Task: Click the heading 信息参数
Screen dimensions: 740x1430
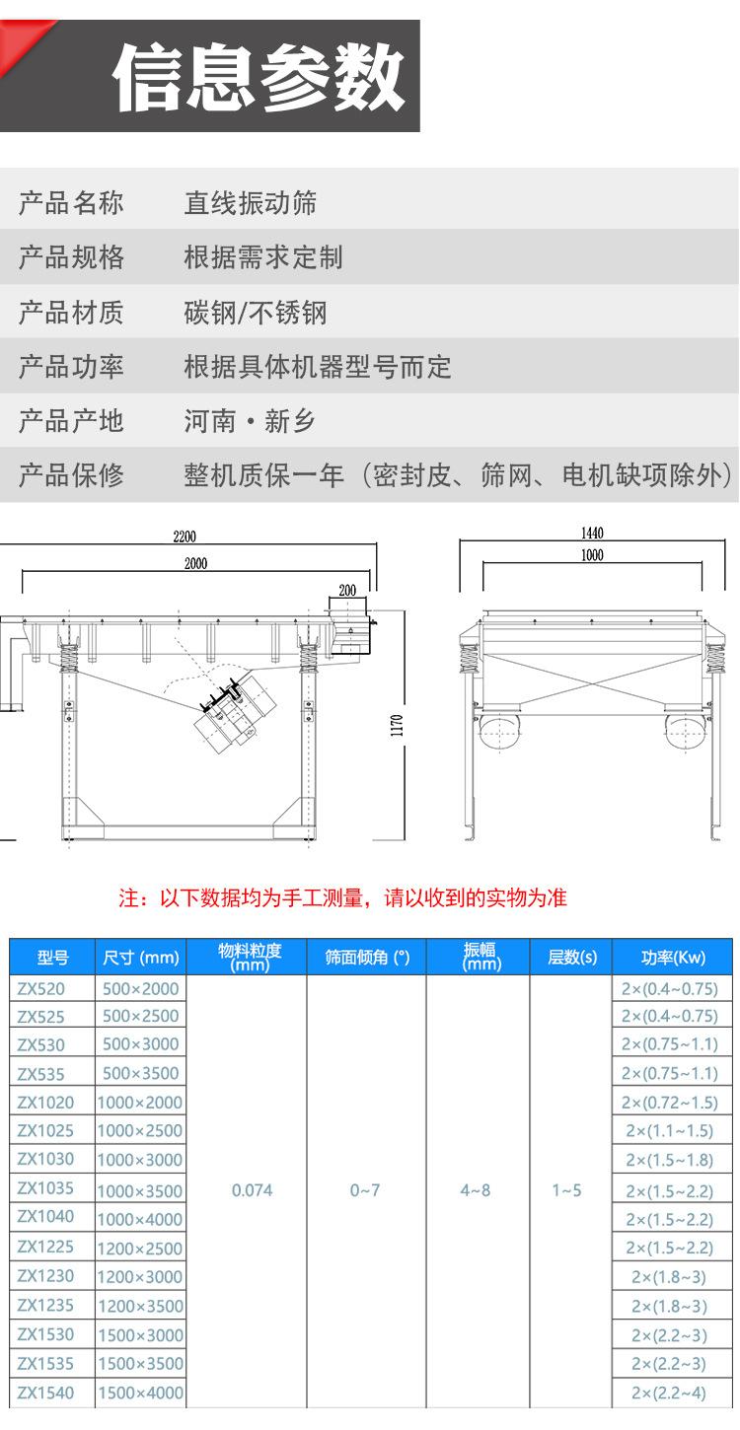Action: (x=259, y=78)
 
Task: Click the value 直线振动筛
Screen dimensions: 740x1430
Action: (x=251, y=203)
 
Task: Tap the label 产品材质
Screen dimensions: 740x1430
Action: (x=71, y=313)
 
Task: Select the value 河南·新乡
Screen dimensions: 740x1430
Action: (x=250, y=421)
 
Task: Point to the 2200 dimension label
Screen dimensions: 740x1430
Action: (x=185, y=537)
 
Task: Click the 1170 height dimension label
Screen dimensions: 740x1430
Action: (x=397, y=726)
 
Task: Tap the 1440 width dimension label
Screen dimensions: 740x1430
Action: (x=592, y=534)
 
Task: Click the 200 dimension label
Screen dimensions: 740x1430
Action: (x=347, y=590)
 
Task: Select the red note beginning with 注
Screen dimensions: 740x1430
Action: (x=342, y=898)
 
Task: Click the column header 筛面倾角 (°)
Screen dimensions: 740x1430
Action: (x=367, y=957)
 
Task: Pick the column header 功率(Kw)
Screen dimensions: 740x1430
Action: (x=673, y=957)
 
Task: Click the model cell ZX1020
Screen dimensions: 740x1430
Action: (x=45, y=1102)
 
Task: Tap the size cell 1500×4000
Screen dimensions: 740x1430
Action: (x=140, y=1393)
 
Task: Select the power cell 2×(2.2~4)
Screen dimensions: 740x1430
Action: (x=670, y=1393)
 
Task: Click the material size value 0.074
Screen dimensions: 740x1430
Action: (x=252, y=1190)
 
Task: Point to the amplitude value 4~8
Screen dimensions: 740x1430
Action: (x=475, y=1190)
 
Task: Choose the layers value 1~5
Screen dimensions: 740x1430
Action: (x=566, y=1190)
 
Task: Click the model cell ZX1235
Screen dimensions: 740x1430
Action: (x=45, y=1306)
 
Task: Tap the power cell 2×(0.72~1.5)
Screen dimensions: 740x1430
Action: (x=670, y=1102)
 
